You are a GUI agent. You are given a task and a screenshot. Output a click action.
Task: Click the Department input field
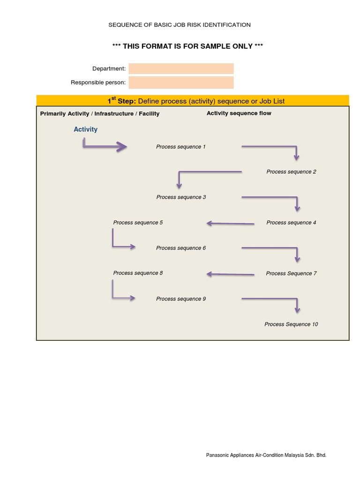[x=181, y=69]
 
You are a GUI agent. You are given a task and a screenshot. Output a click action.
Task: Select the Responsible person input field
[x=181, y=82]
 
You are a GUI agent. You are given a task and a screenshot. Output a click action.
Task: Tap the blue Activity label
[x=85, y=129]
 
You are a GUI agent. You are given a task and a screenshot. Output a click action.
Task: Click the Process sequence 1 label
[x=181, y=147]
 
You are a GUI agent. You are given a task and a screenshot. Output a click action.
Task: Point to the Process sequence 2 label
[x=291, y=172]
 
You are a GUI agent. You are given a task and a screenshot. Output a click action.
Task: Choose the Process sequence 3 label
[x=181, y=197]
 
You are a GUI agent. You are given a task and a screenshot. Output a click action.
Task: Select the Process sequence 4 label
[x=291, y=223]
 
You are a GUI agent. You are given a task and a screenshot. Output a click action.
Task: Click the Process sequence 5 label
[x=138, y=223]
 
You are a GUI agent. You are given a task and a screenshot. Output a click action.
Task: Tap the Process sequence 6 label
[x=181, y=248]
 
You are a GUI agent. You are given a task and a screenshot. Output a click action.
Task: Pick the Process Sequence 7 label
[x=291, y=273]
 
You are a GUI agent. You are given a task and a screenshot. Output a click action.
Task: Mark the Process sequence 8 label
[x=138, y=273]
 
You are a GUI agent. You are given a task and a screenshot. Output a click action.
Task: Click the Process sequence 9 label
[x=181, y=299]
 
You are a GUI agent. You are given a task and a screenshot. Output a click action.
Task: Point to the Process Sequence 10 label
[x=291, y=324]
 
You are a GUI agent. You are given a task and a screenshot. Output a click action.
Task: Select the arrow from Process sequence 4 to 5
[x=230, y=224]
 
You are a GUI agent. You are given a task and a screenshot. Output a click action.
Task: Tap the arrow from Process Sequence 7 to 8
[x=230, y=274]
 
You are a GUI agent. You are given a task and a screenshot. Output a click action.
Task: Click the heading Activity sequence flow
[x=239, y=113]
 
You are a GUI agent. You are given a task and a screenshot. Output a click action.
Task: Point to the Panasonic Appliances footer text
[x=266, y=455]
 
